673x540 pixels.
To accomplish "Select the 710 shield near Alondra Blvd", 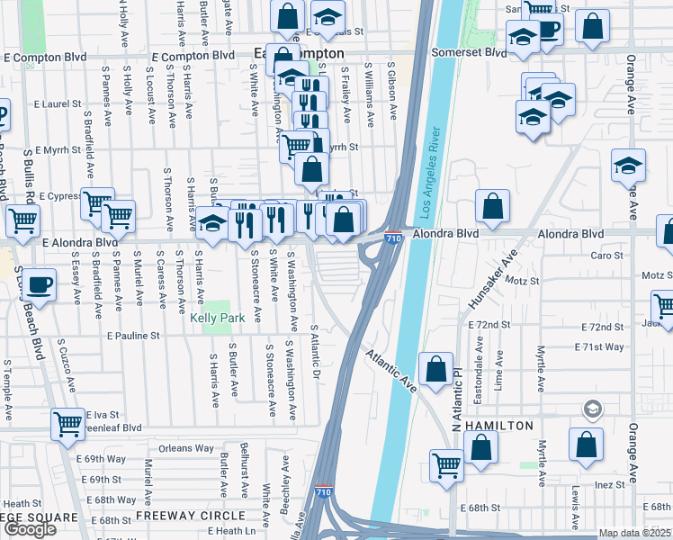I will point(393,238).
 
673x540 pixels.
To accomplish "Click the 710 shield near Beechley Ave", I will point(324,493).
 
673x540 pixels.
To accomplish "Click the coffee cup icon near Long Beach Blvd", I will point(39,284).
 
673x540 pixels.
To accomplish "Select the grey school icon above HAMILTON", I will point(592,409).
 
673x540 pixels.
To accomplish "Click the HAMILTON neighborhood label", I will point(500,425).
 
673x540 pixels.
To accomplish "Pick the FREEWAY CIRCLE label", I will point(190,516).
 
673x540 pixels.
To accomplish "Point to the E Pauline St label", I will point(133,336).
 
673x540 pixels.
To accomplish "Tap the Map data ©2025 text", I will point(635,533).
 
